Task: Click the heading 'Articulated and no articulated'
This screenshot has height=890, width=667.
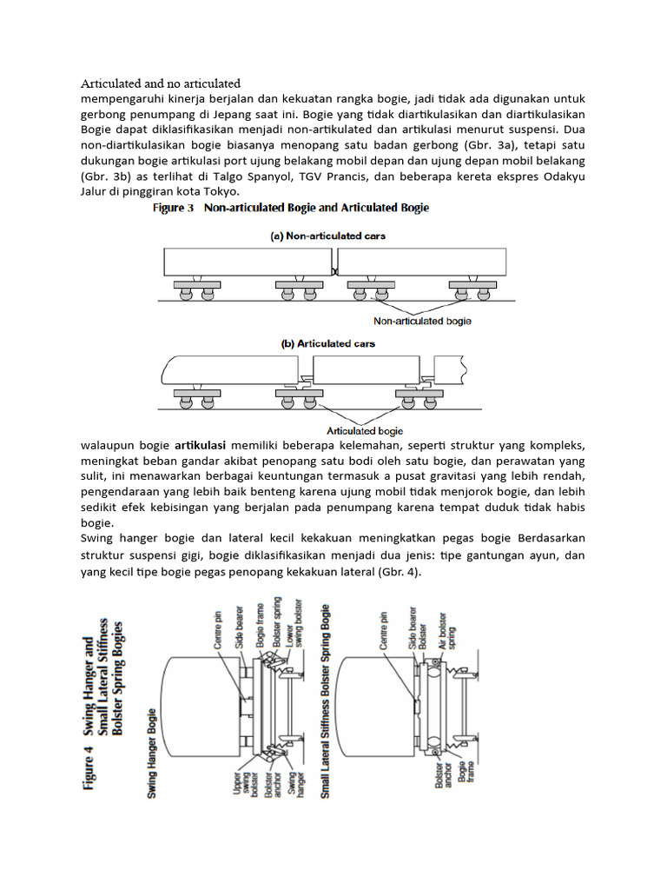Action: tap(160, 83)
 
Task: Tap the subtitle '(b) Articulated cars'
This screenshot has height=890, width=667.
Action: tap(327, 343)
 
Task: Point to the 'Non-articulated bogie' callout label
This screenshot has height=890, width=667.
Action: tap(422, 321)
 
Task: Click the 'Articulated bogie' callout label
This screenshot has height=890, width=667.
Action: tap(365, 429)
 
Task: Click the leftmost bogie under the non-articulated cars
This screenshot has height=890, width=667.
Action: tap(195, 290)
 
